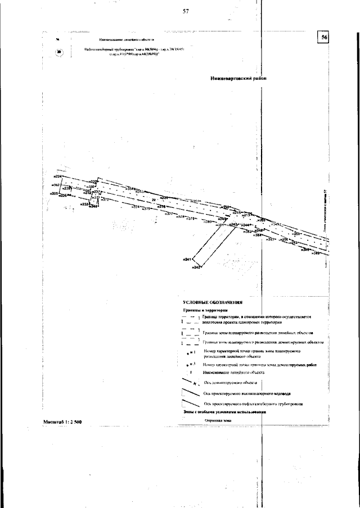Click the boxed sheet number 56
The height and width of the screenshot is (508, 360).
click(x=324, y=37)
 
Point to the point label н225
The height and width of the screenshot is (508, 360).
click(x=54, y=194)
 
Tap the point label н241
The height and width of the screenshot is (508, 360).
click(x=188, y=259)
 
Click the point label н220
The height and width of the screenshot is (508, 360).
click(x=164, y=198)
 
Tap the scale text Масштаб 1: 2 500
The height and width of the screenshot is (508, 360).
click(x=62, y=421)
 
